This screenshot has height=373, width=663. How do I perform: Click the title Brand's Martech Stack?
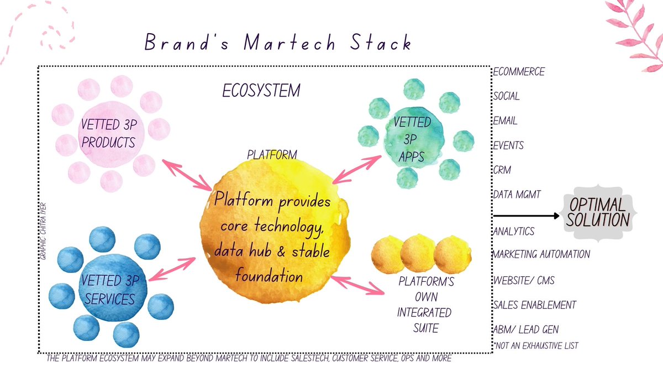[278, 43]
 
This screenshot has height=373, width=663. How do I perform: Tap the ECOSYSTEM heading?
[261, 91]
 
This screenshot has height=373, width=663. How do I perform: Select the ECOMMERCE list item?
[519, 72]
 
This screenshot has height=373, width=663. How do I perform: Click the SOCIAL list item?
[507, 96]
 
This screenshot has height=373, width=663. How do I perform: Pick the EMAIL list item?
[506, 121]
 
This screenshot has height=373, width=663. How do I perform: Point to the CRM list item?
[502, 170]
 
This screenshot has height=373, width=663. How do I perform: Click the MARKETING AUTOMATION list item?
[541, 255]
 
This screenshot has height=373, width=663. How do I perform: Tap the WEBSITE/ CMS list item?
[524, 280]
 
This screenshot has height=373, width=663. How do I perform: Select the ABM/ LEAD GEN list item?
[526, 330]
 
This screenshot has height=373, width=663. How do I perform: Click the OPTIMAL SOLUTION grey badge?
[597, 213]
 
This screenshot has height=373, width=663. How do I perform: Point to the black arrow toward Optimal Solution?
[525, 216]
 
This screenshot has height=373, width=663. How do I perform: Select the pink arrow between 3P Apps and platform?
[356, 169]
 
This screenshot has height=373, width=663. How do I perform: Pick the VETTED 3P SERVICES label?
[108, 291]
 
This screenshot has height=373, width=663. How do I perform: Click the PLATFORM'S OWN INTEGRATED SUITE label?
[425, 305]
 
